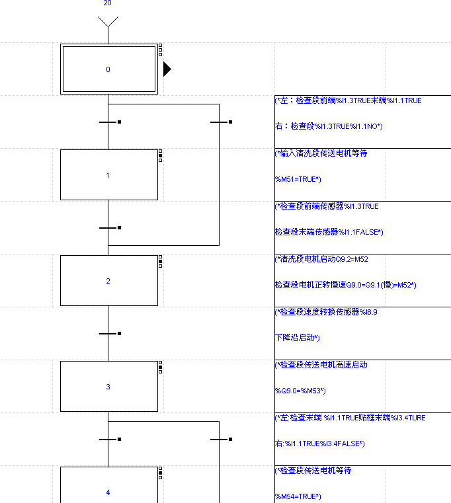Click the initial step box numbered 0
tap(108, 69)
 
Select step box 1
tap(108, 175)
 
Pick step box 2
tap(108, 281)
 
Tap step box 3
tap(108, 387)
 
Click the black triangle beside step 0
tap(167, 69)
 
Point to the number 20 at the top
tap(108, 3)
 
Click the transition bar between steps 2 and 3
tap(108, 334)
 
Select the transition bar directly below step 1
tap(108, 228)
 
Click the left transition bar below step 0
tap(108, 122)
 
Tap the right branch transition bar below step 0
tap(219, 122)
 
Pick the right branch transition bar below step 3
tap(219, 439)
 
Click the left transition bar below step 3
tap(108, 439)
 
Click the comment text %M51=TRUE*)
tap(298, 179)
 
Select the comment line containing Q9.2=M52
tap(317, 259)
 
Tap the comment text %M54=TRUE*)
tap(298, 496)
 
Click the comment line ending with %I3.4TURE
tap(350, 418)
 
